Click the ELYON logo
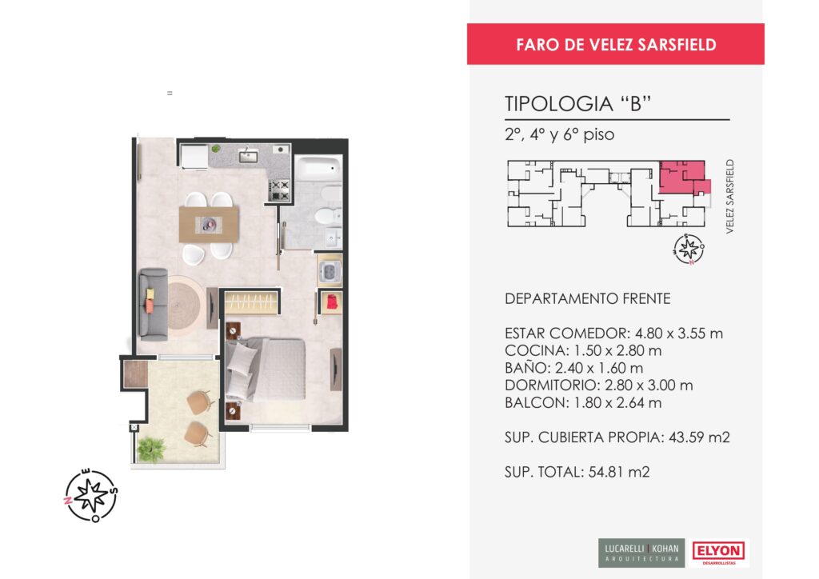click(718, 553)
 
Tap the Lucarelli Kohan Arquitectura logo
click(641, 553)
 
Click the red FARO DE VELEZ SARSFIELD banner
click(615, 44)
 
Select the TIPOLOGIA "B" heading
click(577, 103)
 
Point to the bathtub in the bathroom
click(318, 168)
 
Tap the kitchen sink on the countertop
click(248, 155)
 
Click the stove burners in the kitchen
click(279, 190)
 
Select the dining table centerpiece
click(209, 225)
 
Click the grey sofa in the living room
click(153, 305)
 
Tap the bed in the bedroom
click(266, 369)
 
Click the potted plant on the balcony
click(150, 449)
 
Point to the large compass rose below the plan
click(91, 496)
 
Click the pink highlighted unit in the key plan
click(682, 177)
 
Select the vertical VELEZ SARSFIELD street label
click(729, 196)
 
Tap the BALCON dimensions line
click(583, 402)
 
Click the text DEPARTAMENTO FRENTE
click(588, 298)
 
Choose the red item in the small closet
click(332, 302)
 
